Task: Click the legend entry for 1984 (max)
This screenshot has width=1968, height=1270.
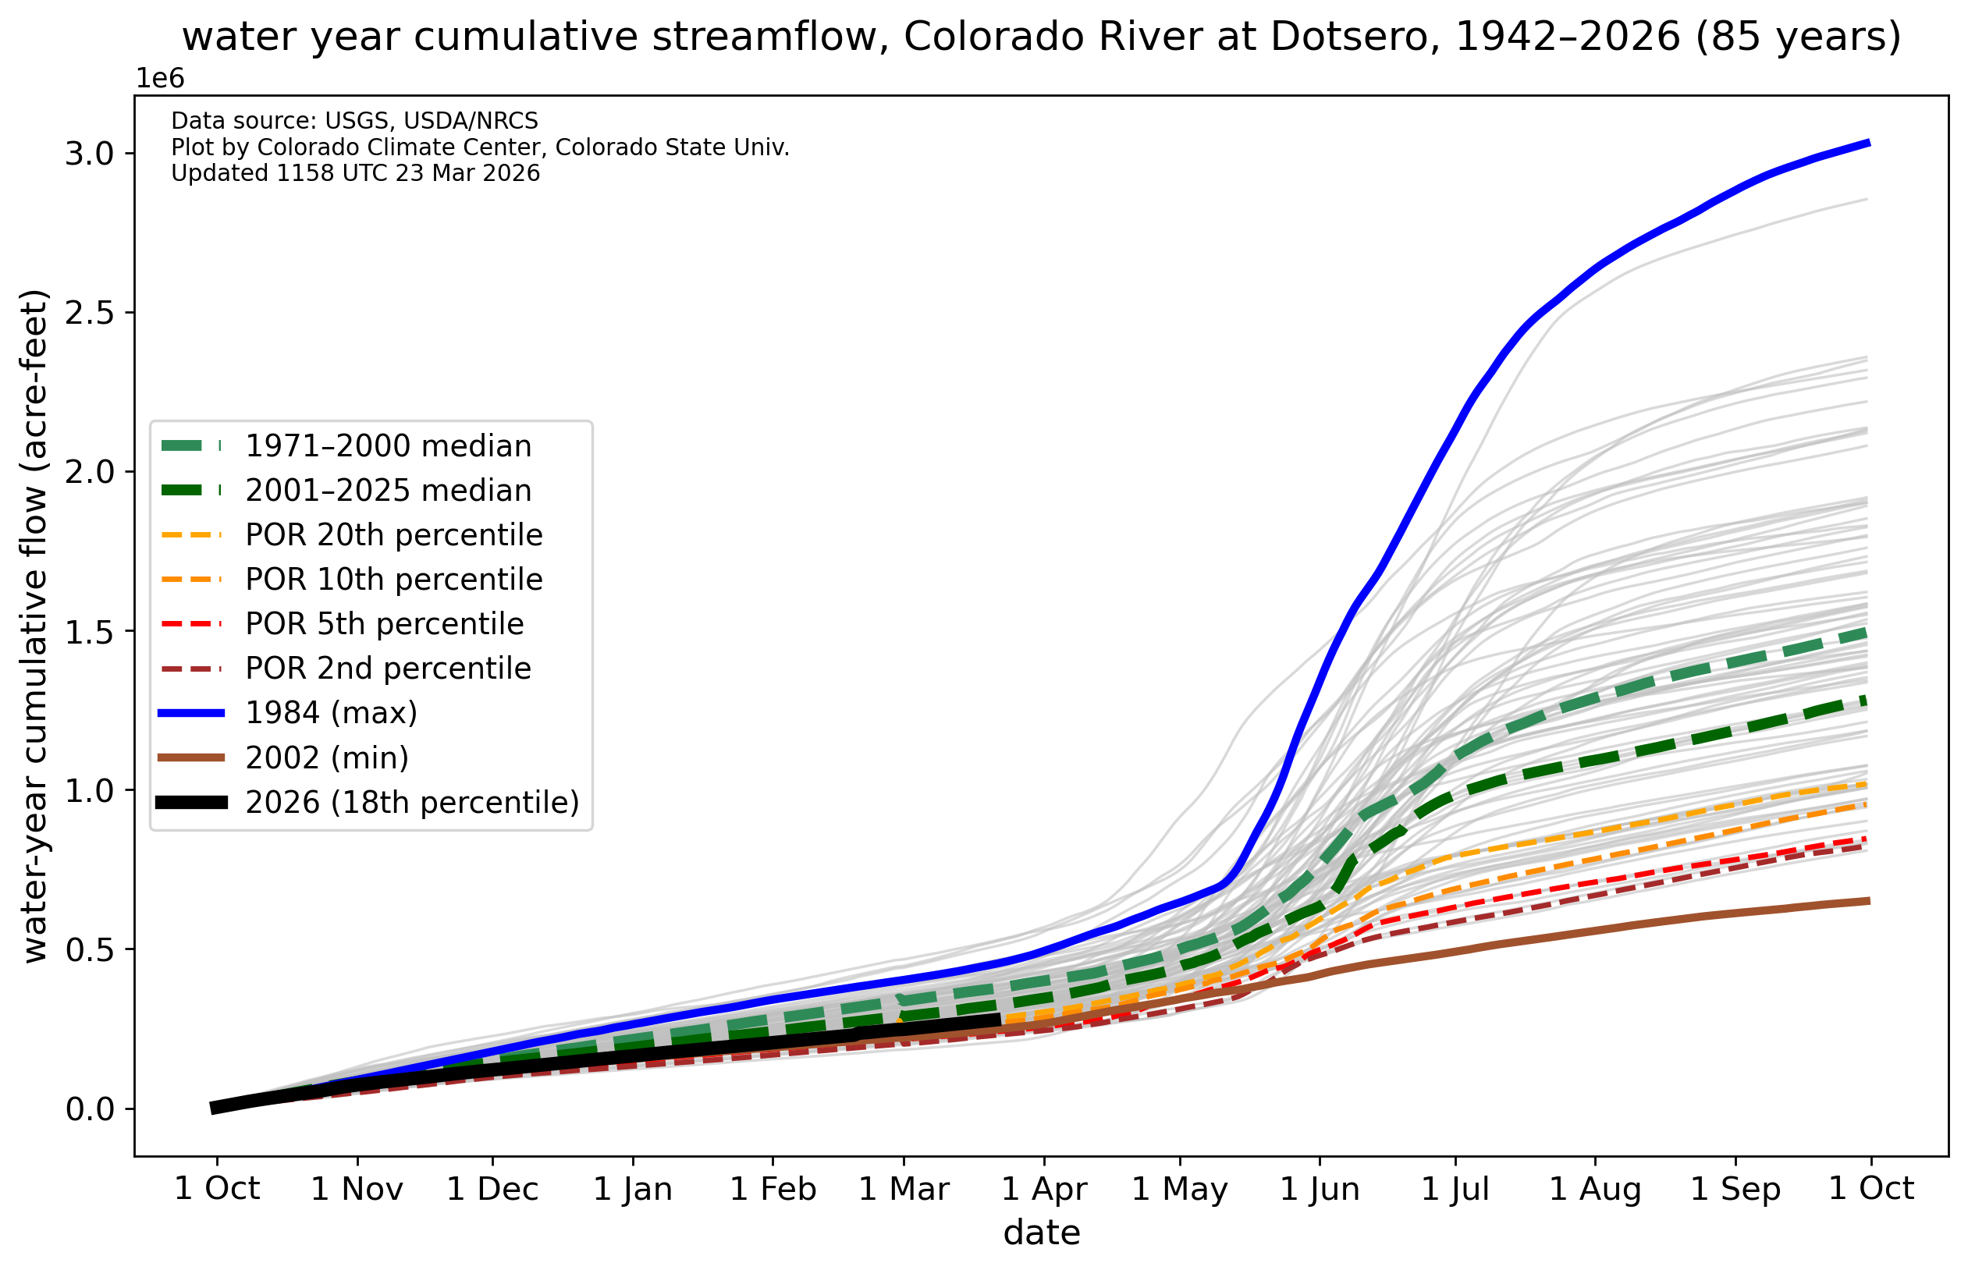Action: pyautogui.click(x=331, y=712)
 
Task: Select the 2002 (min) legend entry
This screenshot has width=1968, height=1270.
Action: pyautogui.click(x=327, y=757)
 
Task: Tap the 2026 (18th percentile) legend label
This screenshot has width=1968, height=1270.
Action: pyautogui.click(x=412, y=802)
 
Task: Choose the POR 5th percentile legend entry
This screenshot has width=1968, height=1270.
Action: pyautogui.click(x=385, y=623)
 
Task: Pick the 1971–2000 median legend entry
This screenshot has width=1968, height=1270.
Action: pyautogui.click(x=389, y=446)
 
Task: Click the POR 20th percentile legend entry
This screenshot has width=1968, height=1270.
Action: pyautogui.click(x=394, y=535)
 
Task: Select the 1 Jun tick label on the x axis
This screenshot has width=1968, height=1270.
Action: pyautogui.click(x=1319, y=1189)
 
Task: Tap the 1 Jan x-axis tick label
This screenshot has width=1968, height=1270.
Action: pyautogui.click(x=633, y=1189)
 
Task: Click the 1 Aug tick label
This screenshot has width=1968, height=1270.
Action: pyautogui.click(x=1594, y=1189)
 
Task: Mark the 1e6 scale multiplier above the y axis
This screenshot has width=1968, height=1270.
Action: pyautogui.click(x=160, y=78)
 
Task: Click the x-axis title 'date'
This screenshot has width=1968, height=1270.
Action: pyautogui.click(x=1041, y=1233)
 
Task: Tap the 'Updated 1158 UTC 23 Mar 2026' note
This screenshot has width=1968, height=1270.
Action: pyautogui.click(x=356, y=173)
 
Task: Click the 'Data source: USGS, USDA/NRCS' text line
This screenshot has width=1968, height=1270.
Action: pyautogui.click(x=355, y=121)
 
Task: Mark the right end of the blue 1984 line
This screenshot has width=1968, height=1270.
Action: pyautogui.click(x=1868, y=144)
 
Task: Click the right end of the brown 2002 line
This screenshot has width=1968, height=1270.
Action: pyautogui.click(x=1868, y=900)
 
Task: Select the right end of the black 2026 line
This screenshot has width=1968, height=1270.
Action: pyautogui.click(x=999, y=1020)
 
